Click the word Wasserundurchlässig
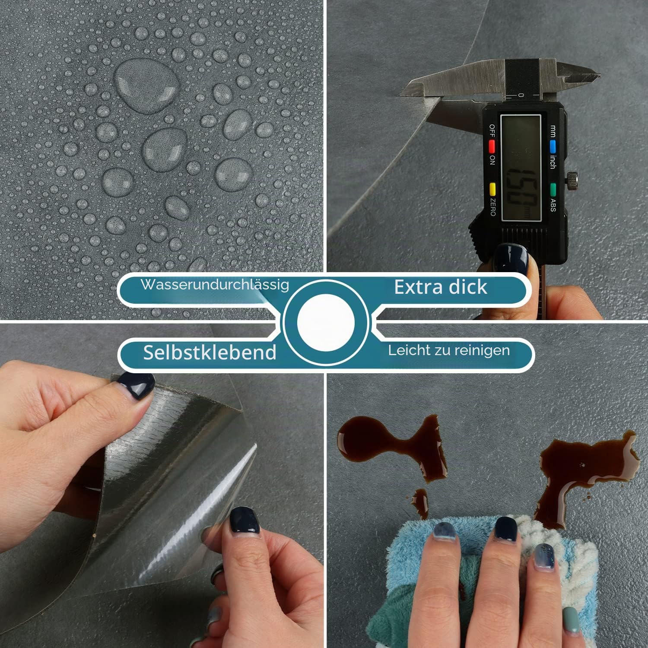tap(215, 285)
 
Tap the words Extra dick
tap(441, 287)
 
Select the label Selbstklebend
tap(210, 353)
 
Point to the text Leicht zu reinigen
tap(449, 350)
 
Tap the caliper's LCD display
tap(521, 168)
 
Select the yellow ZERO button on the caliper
tap(492, 189)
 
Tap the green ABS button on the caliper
tap(553, 189)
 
